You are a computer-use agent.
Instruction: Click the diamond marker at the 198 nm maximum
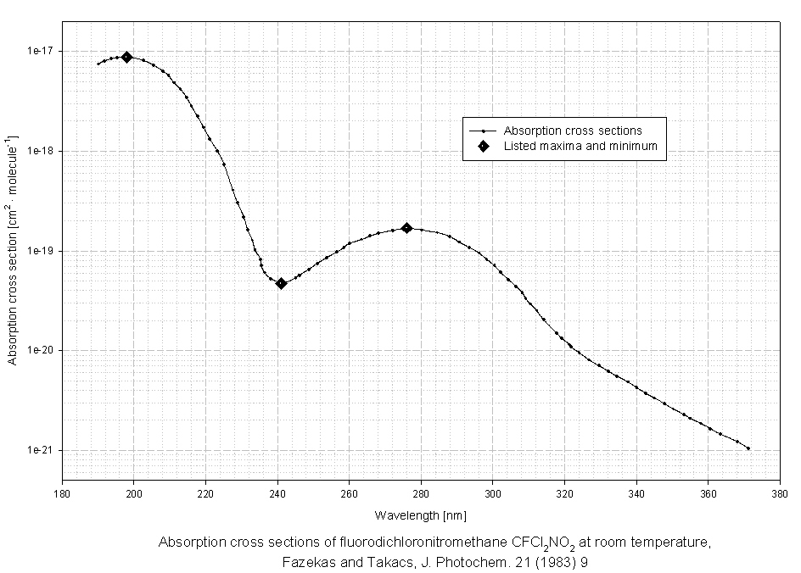point(126,57)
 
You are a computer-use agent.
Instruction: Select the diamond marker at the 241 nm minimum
point(281,283)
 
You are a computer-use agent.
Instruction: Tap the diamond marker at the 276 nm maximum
point(406,228)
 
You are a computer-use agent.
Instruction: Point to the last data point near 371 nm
point(748,448)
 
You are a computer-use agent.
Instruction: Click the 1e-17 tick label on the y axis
point(41,51)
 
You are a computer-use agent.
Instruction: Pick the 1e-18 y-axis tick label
point(41,151)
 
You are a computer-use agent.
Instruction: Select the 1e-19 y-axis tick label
point(41,251)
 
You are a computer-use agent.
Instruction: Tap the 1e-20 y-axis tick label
point(41,351)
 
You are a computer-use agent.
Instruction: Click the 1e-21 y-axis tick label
point(41,451)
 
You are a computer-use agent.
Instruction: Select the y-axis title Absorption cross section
point(13,250)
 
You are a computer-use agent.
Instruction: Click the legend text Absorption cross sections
point(573,131)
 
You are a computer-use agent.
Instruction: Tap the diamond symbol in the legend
point(483,147)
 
